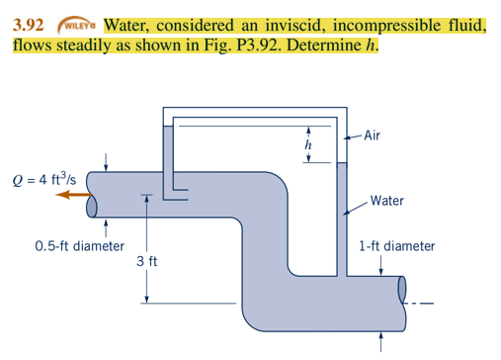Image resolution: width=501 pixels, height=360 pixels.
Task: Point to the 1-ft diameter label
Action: [x=397, y=245]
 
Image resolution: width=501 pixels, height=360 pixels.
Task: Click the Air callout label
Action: [x=373, y=136]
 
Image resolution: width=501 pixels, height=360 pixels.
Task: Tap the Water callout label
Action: [x=386, y=201]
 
